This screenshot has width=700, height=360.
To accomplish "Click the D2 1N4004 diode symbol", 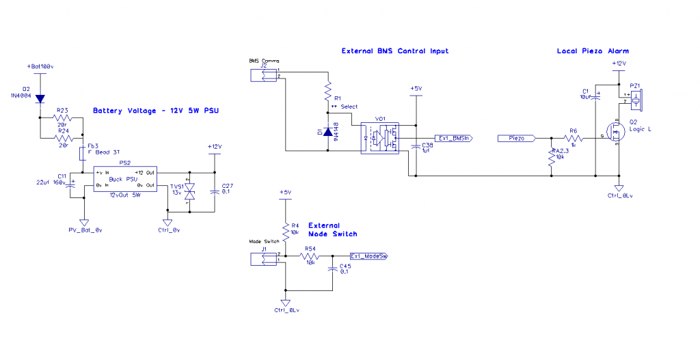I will click(x=40, y=99).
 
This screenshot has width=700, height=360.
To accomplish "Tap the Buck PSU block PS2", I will click(x=124, y=178).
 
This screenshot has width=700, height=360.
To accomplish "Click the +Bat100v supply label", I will click(x=40, y=66).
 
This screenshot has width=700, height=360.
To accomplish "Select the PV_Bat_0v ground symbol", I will click(x=85, y=222).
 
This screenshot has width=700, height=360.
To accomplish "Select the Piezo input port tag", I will click(x=515, y=139).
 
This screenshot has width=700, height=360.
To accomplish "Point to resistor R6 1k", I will click(x=573, y=138).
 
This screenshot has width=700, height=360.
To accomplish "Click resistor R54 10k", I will click(x=310, y=256).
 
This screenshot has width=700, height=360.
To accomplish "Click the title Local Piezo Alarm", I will click(x=593, y=51).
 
